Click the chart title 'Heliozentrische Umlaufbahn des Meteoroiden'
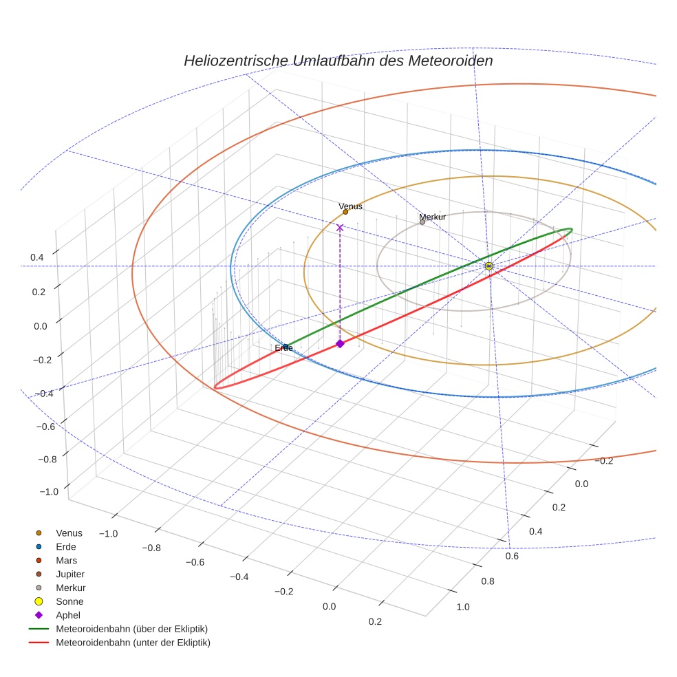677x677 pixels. (x=338, y=61)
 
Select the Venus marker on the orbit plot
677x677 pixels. (x=345, y=212)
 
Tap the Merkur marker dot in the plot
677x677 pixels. (x=422, y=222)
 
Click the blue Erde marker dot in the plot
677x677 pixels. (x=286, y=347)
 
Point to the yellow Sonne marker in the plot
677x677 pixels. (x=488, y=266)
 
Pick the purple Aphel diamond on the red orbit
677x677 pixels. (x=340, y=343)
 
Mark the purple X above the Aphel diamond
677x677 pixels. (x=340, y=227)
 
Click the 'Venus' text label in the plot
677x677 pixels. (x=350, y=206)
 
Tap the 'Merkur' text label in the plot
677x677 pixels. (x=433, y=217)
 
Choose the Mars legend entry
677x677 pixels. (x=66, y=560)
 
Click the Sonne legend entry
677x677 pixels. (x=69, y=601)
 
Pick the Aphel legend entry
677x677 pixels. (x=67, y=615)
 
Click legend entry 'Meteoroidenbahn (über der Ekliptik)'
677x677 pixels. (x=131, y=629)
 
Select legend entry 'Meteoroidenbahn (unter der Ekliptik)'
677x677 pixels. (x=133, y=643)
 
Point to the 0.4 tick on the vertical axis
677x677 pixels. (x=37, y=257)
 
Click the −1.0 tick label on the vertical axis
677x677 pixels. (x=50, y=491)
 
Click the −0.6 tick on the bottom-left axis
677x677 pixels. (x=195, y=561)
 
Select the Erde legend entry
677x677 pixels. (x=66, y=546)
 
